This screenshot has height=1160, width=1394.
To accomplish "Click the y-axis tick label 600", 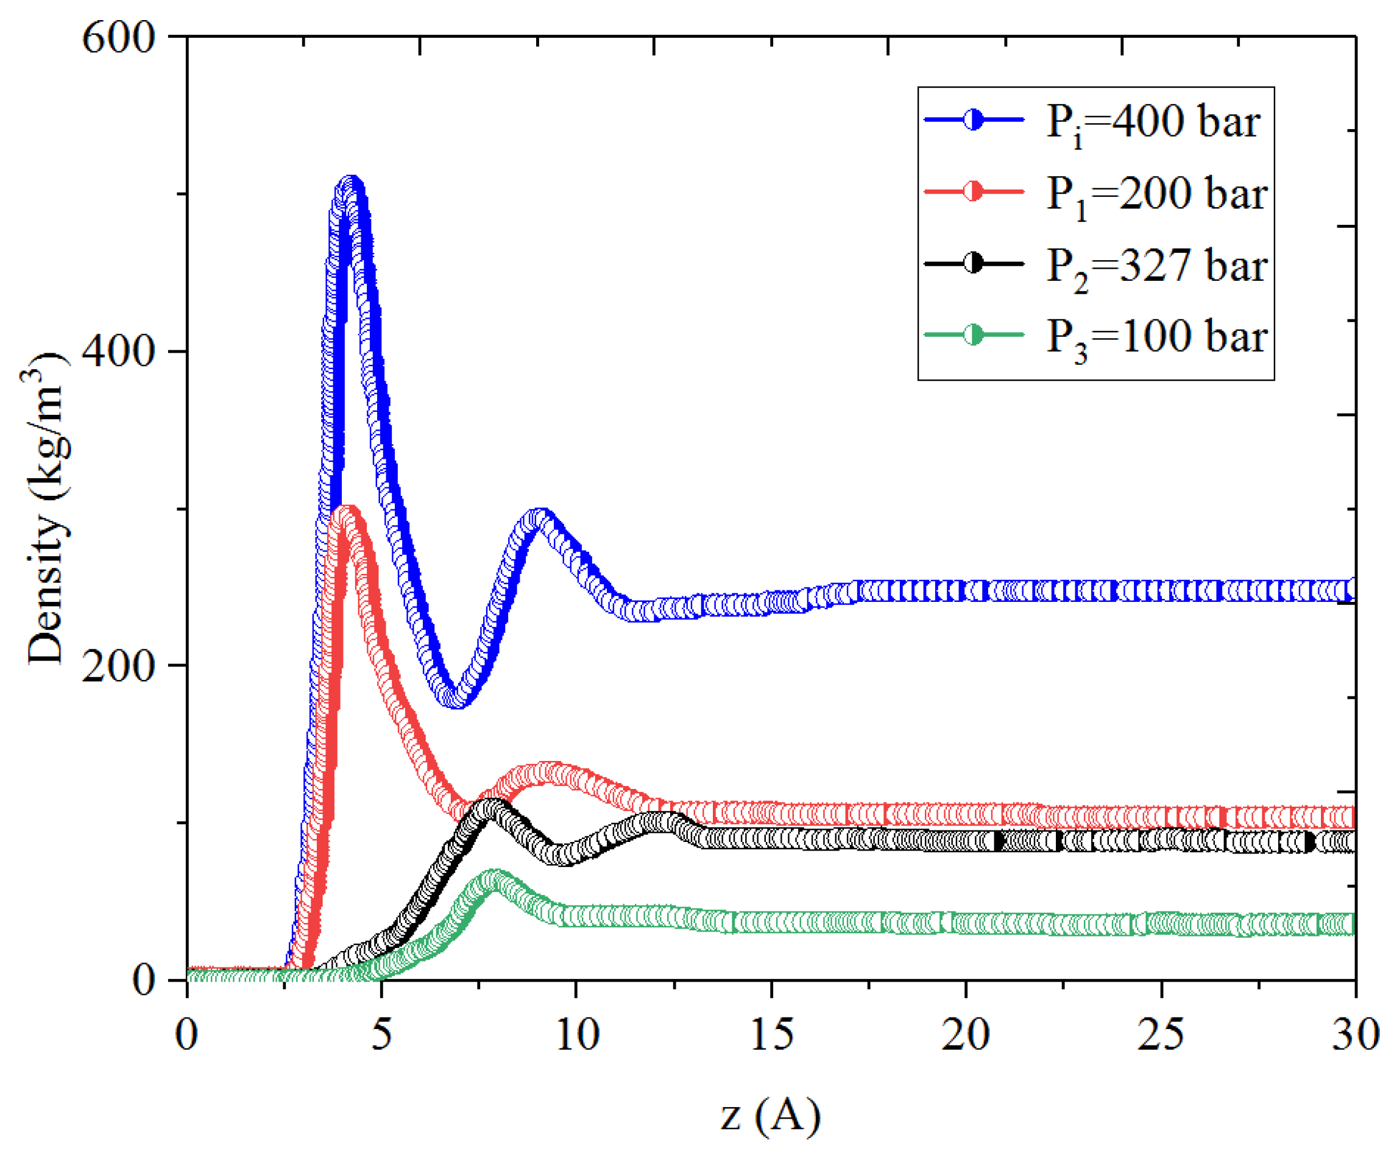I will click(x=118, y=37).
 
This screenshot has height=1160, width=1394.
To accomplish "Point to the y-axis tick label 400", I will click(x=118, y=351).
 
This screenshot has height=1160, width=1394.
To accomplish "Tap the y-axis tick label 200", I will click(x=118, y=666).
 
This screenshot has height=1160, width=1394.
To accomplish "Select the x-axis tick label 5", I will click(x=381, y=1034).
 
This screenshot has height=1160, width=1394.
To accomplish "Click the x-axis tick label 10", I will click(x=577, y=1034).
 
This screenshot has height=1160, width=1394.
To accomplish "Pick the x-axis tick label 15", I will click(x=771, y=1034).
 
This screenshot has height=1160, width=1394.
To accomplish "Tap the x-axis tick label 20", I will click(x=966, y=1034).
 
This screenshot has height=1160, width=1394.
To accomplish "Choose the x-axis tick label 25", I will click(x=1161, y=1034).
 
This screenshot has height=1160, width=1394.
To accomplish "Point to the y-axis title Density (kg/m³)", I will click(x=46, y=507).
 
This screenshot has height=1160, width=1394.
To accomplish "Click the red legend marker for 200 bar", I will click(x=973, y=192).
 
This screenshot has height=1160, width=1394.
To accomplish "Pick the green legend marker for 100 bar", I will click(x=973, y=334).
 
